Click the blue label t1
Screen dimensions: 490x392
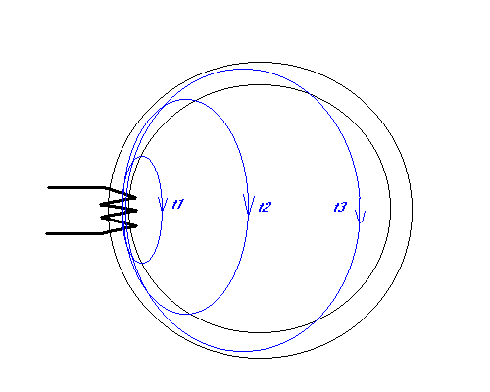coord(178,204)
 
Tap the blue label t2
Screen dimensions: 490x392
coord(265,207)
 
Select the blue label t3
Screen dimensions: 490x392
coord(340,207)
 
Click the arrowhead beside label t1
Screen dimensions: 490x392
coord(163,204)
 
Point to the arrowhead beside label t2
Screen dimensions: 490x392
coord(249,204)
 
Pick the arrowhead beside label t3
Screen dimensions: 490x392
coord(360,217)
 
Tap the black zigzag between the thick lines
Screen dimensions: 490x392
coord(119,211)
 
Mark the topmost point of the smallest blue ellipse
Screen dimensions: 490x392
coord(142,156)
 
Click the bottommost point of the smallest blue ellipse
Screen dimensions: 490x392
coord(142,263)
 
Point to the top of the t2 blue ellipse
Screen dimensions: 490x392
coord(185,99)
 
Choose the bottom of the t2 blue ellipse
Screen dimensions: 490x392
coord(185,315)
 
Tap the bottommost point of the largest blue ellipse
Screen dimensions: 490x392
coord(243,352)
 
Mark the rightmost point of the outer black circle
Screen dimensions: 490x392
coord(412,210)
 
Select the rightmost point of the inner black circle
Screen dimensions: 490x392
coord(391,209)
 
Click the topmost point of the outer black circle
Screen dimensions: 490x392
coord(261,62)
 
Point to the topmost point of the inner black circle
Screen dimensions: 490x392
coord(261,85)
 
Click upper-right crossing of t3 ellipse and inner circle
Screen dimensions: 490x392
coord(309,94)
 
